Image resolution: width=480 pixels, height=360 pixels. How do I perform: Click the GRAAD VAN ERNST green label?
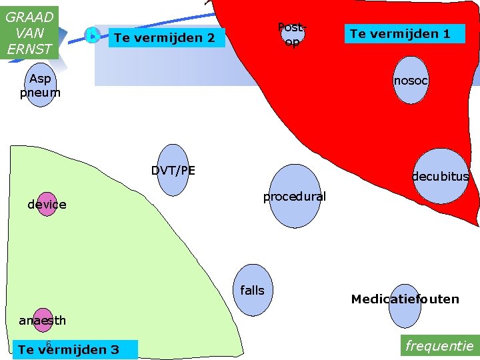point(29,32)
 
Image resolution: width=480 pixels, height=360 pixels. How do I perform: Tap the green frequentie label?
point(439,346)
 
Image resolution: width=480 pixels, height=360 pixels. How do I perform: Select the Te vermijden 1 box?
point(404,34)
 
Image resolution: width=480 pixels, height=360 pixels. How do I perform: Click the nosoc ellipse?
point(410,80)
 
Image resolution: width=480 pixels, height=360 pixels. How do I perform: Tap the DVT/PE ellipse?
point(173,170)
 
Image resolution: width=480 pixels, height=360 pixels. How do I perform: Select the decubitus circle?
point(441,176)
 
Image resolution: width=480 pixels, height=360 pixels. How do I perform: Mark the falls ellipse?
point(253,290)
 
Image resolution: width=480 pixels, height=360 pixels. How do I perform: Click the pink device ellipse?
point(47,205)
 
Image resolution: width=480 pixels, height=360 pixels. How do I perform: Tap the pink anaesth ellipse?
point(43,320)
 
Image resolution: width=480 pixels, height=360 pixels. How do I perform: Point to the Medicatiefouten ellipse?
point(405,305)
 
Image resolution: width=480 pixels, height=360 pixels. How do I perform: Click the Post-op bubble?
point(291,35)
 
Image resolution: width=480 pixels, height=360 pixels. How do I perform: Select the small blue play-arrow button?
point(93,35)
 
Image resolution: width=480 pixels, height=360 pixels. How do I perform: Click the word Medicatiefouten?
point(405,299)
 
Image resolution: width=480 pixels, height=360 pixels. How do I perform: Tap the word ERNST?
point(29,49)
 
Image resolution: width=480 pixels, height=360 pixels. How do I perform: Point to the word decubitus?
point(440,177)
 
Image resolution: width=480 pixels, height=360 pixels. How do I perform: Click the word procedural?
point(294,197)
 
